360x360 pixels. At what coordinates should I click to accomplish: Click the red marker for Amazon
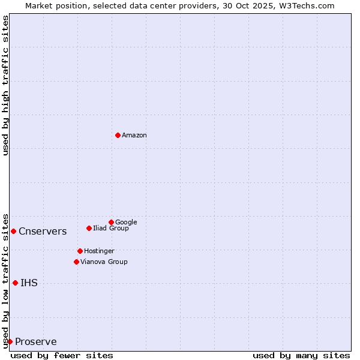coord(118,135)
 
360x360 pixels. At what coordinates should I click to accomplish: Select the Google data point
coord(111,222)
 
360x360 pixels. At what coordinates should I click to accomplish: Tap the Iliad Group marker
coord(89,228)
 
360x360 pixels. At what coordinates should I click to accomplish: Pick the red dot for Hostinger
coord(80,251)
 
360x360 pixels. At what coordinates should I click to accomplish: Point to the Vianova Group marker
coord(76,262)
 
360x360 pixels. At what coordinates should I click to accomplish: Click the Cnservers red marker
coord(13,231)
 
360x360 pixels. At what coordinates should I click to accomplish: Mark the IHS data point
coord(15,283)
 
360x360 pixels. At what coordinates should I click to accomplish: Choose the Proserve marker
coord(10,341)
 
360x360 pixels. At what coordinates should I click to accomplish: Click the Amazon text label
coord(134,136)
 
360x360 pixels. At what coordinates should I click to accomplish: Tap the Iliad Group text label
coord(111,229)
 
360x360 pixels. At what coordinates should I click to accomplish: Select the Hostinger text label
coord(99,251)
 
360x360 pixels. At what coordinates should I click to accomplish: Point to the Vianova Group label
coord(104,262)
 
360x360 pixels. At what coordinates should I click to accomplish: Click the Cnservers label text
coord(43,232)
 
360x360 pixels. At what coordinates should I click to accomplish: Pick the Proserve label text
coord(36,342)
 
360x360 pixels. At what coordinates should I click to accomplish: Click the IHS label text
coord(29,283)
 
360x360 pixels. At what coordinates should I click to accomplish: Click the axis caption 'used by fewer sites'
coord(62,355)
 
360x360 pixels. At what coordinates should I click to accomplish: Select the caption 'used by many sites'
coord(301,355)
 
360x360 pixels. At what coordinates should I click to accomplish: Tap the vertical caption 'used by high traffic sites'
coord(5,85)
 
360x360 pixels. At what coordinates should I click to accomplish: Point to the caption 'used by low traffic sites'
coord(5,280)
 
